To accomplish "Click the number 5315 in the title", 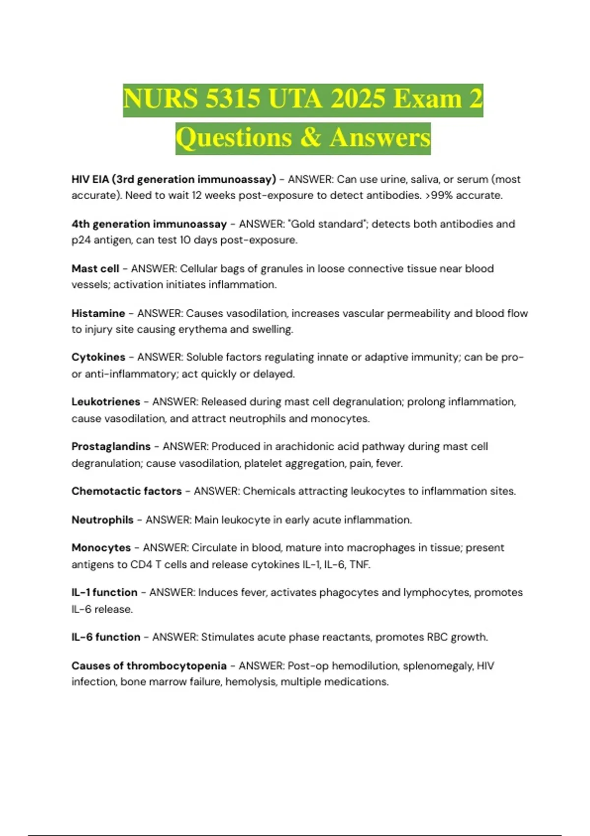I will click(232, 99).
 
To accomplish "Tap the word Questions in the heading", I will click(234, 138).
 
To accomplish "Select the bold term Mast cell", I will click(95, 269).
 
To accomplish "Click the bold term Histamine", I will click(98, 313).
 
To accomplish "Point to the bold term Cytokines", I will click(98, 357).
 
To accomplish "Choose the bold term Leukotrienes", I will click(106, 402).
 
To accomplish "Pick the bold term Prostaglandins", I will click(111, 447).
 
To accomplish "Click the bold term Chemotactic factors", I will click(126, 491).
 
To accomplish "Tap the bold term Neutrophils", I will click(102, 520).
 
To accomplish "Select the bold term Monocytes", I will click(101, 548).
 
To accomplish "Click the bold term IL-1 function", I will click(104, 593).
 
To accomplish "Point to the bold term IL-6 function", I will click(106, 637).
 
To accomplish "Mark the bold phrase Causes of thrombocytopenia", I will click(148, 666).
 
